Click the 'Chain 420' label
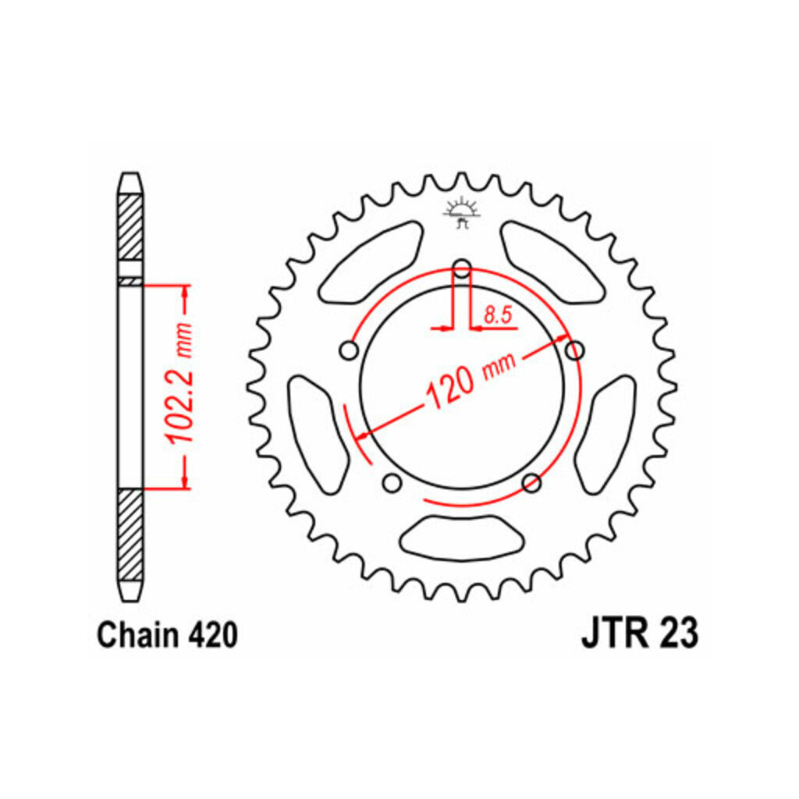tap(167, 635)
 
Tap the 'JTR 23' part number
tap(640, 634)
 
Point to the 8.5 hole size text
tap(497, 315)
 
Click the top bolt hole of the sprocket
tap(462, 268)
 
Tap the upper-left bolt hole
tap(349, 350)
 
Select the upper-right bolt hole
tap(575, 350)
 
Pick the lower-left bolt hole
tap(392, 482)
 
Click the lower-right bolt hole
tap(532, 482)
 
